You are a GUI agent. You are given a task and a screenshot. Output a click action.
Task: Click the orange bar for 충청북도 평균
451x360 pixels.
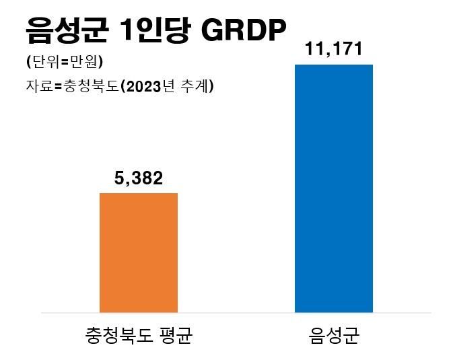pyautogui.click(x=139, y=253)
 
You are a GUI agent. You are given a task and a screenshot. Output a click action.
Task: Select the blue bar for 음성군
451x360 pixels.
pyautogui.click(x=334, y=188)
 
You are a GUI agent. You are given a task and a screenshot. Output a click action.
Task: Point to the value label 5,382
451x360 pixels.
pyautogui.click(x=139, y=179)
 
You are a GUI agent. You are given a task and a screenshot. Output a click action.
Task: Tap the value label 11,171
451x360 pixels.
pyautogui.click(x=334, y=49)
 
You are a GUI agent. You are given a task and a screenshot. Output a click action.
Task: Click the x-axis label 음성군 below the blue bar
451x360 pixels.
pyautogui.click(x=334, y=334)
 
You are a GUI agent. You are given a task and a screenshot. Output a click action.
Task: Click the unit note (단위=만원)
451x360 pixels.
pyautogui.click(x=64, y=63)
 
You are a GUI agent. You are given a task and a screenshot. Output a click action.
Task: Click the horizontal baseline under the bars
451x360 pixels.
pyautogui.click(x=236, y=313)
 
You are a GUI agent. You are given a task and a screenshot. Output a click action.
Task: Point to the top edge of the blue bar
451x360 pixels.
pyautogui.click(x=334, y=65)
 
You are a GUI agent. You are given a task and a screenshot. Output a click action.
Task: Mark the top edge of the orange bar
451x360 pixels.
pyautogui.click(x=139, y=193)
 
